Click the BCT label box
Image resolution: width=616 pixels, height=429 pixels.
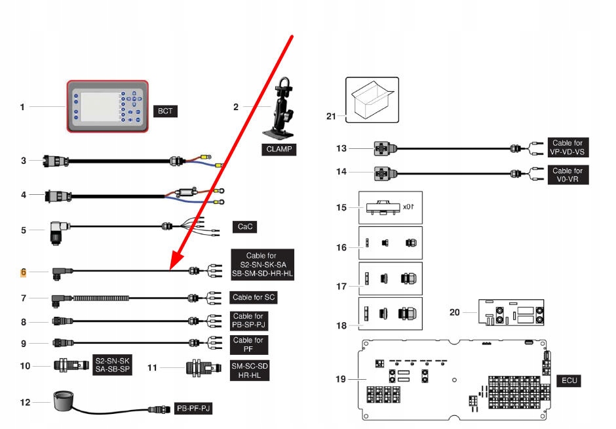(x=165, y=111)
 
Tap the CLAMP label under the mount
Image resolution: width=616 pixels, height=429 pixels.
(x=278, y=150)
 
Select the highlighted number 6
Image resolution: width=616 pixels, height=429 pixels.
(x=23, y=272)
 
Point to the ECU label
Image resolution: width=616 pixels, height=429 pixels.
(x=568, y=380)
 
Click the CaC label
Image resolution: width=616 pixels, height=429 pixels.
(x=243, y=227)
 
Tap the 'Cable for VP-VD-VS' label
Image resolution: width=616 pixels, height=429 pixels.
(x=567, y=148)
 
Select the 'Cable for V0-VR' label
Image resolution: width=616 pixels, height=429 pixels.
(x=567, y=175)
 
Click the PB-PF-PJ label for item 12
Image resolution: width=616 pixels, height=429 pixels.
(x=194, y=408)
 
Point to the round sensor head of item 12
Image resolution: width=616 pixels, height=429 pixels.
(x=64, y=398)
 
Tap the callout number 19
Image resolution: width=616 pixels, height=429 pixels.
(x=340, y=379)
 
